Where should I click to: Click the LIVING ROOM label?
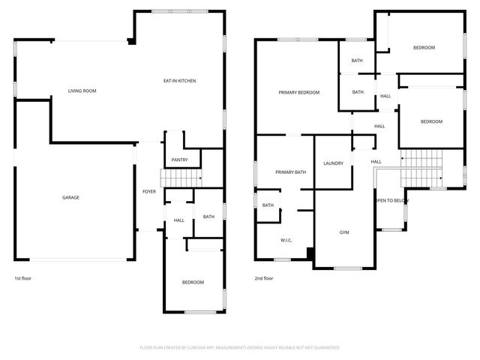tap(82, 91)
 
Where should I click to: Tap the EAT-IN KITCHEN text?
tap(180, 80)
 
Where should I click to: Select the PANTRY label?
tap(179, 160)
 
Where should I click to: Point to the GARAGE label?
tap(70, 197)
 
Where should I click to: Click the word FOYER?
tap(149, 192)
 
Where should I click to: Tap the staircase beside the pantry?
tap(182, 178)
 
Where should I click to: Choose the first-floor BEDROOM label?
tap(193, 282)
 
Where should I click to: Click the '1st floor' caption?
tap(23, 278)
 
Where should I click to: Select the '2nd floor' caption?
tap(263, 278)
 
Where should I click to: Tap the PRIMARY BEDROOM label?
tap(298, 92)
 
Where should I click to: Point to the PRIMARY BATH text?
tap(290, 172)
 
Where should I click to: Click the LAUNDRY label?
tap(333, 163)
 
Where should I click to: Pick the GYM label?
tap(344, 232)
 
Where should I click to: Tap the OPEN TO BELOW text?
tap(391, 201)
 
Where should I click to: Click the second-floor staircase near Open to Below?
tap(419, 169)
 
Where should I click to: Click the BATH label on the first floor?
tap(208, 217)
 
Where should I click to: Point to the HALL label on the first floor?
tap(179, 220)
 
